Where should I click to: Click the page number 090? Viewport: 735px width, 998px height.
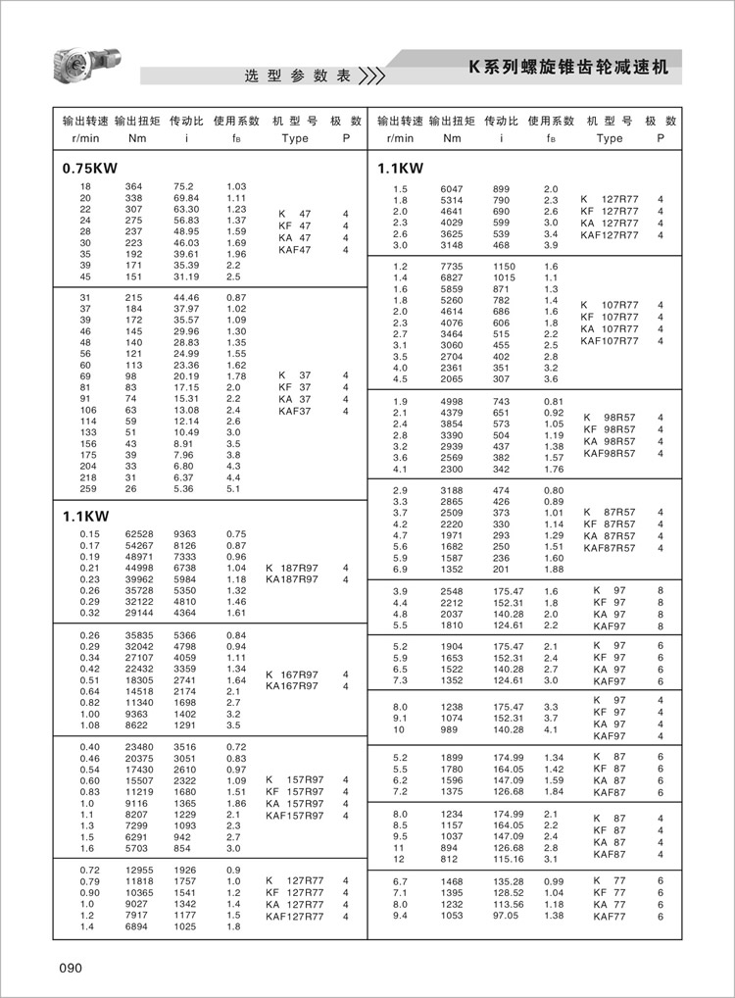pyautogui.click(x=70, y=968)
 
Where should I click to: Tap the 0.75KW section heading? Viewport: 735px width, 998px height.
pyautogui.click(x=89, y=169)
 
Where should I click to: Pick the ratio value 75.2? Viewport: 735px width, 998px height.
pyautogui.click(x=183, y=186)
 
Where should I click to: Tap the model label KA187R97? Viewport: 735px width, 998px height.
pyautogui.click(x=292, y=580)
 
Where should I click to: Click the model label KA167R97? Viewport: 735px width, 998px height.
pyautogui.click(x=292, y=686)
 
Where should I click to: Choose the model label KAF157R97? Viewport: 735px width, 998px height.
pyautogui.click(x=295, y=815)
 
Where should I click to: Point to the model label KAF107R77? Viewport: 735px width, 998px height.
pyautogui.click(x=610, y=341)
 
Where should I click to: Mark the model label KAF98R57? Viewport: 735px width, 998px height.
pyautogui.click(x=610, y=453)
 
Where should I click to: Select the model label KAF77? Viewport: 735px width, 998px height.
pyautogui.click(x=609, y=916)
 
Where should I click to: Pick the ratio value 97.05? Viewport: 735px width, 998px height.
pyautogui.click(x=505, y=916)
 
